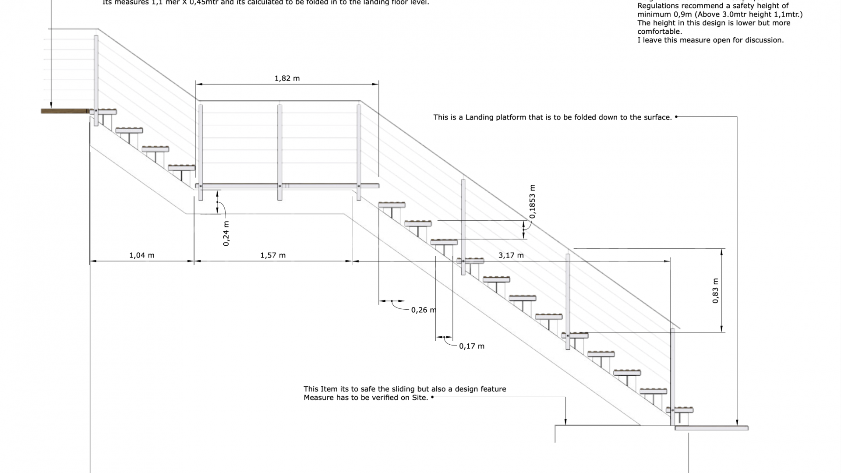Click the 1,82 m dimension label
coord(287,78)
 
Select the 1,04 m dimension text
coord(141,255)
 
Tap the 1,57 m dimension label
coord(273,255)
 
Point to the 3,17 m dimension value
coord(511,255)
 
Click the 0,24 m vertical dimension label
coord(226,233)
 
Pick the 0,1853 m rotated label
coord(532,201)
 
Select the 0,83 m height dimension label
coord(715,290)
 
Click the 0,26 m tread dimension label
coord(424,310)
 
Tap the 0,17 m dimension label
coord(471,346)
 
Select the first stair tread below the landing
coord(392,205)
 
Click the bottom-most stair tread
coord(680,410)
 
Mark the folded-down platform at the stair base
coord(711,428)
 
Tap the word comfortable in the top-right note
coord(659,32)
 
